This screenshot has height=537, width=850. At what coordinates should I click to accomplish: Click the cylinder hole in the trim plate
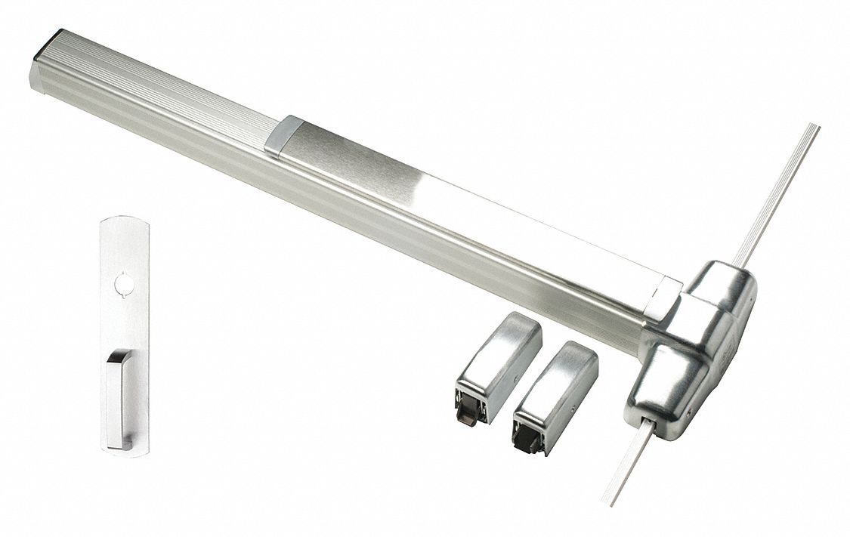tap(125, 283)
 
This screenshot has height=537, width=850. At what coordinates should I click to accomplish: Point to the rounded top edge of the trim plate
tap(125, 221)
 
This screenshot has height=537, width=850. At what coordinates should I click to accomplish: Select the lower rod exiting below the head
tap(623, 468)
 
